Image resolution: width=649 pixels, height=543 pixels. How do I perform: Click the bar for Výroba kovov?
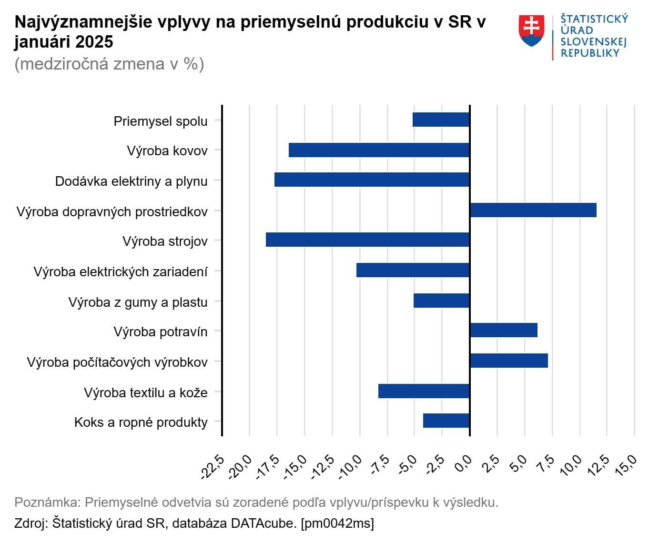coord(379,150)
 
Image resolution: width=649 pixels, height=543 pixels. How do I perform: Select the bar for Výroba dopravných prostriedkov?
coord(533,210)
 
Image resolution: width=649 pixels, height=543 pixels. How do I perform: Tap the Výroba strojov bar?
coord(367,240)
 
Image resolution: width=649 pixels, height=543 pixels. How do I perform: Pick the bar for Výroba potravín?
coord(503,330)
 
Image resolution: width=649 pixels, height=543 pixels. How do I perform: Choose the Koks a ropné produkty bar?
coord(446,421)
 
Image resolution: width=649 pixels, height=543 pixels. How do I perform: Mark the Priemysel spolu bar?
coord(441,120)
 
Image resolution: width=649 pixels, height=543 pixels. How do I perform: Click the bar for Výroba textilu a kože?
coord(424,391)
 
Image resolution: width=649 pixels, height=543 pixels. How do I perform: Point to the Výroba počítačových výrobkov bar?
coord(508,361)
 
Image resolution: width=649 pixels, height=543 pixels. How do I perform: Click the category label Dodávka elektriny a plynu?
coord(131,181)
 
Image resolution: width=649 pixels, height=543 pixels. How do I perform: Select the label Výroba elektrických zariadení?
coord(121,272)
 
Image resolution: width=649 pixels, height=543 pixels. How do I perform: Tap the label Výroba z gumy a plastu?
coord(138,302)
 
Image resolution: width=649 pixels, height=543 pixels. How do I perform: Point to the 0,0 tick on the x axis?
coord(464,463)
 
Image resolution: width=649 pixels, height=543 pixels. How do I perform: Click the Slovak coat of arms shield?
coord(531,30)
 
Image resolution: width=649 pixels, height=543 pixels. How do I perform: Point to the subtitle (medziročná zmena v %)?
coord(109,64)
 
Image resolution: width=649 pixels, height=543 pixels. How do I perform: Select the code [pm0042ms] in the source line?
coord(337,523)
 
